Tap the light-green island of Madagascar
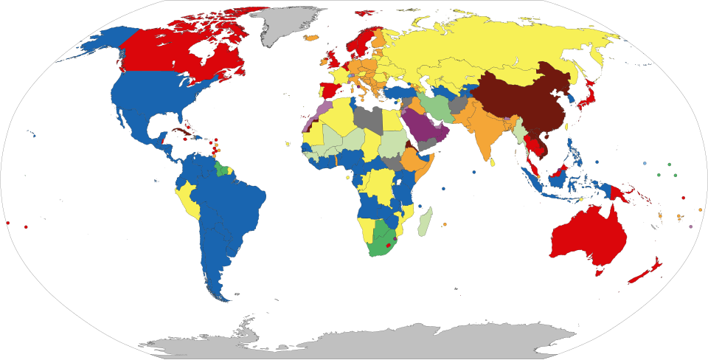coord(423,222)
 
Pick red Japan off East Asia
coord(586,100)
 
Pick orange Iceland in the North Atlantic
coord(311,37)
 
